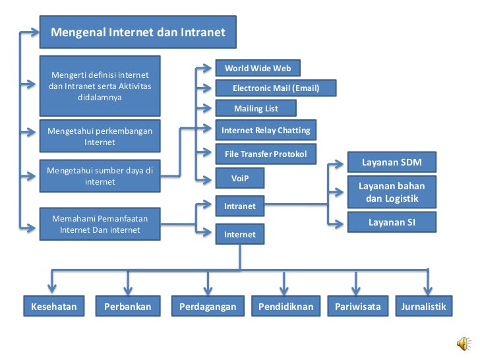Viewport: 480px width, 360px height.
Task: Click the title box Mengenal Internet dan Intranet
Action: (x=138, y=32)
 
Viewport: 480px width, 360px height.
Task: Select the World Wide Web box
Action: (x=258, y=69)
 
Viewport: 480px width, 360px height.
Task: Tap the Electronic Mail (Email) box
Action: (x=276, y=88)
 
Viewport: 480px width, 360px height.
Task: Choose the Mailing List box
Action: (x=256, y=108)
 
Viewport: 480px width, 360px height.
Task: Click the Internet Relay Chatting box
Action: (x=266, y=131)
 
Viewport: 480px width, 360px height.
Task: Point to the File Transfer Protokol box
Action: (x=266, y=154)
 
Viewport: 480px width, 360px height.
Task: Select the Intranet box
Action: (x=240, y=206)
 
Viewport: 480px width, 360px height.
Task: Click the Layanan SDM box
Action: (x=392, y=162)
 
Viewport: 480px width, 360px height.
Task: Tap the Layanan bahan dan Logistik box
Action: (x=392, y=192)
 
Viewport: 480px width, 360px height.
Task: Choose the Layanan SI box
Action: (x=392, y=222)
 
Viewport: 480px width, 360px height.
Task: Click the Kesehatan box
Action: (x=54, y=307)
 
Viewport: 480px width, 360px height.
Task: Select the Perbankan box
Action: (x=128, y=307)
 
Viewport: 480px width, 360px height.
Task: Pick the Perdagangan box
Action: (x=208, y=307)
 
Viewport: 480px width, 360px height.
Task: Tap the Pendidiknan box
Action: (x=285, y=307)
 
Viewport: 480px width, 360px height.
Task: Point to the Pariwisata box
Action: (x=358, y=307)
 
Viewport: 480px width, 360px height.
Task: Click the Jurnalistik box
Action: (x=423, y=307)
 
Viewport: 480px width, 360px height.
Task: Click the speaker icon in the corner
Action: (x=464, y=344)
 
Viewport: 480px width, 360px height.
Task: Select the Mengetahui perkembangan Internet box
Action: (x=100, y=136)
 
